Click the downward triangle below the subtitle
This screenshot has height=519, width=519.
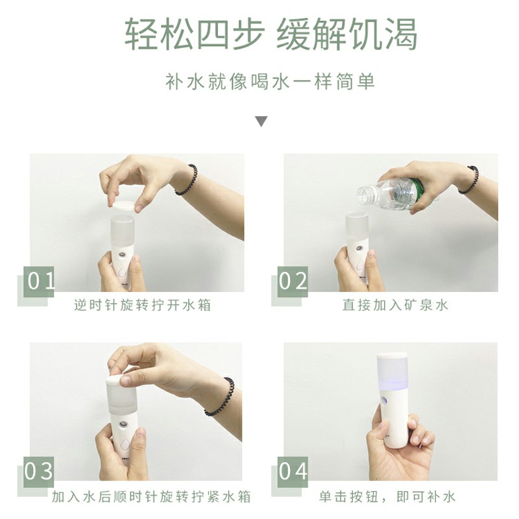coord(261,121)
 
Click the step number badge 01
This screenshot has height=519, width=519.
coord(41,281)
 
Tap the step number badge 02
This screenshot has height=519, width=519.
coord(293,281)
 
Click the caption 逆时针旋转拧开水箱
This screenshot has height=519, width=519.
coord(142,305)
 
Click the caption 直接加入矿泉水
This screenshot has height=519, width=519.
coord(395,305)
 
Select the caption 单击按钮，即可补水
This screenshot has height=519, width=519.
coord(387,498)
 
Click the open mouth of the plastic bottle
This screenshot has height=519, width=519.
coord(361,191)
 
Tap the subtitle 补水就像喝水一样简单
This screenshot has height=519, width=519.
coord(261,83)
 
